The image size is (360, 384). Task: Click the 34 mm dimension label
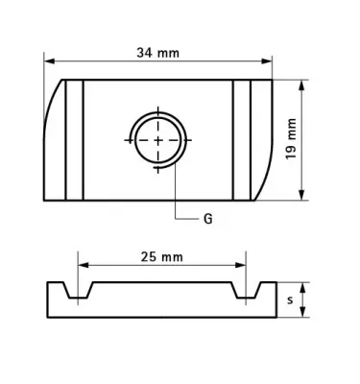[x=157, y=53]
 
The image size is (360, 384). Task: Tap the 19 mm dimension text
[x=291, y=139]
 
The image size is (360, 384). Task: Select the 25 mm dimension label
[x=161, y=256]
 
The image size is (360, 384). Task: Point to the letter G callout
[x=208, y=219]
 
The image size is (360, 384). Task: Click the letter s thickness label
[x=290, y=300]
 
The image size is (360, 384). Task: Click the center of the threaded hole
[x=158, y=140]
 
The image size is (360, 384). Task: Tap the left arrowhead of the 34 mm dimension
[x=49, y=61]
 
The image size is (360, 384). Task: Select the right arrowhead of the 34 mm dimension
[x=267, y=61]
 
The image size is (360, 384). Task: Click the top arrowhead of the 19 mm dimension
[x=301, y=85]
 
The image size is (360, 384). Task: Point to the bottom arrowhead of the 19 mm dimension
[x=301, y=195]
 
